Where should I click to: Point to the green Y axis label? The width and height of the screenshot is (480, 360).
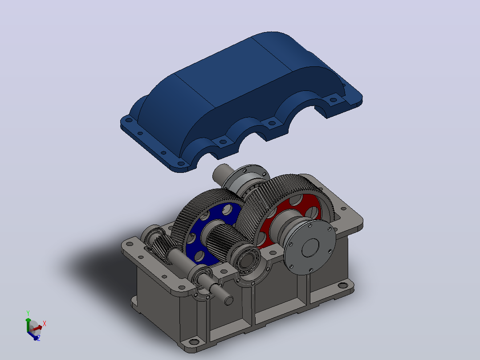28,313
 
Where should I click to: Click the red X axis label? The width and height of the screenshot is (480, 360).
45,323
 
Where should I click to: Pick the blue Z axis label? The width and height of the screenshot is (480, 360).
39,338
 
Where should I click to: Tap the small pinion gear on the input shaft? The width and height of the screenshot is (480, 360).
162,247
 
